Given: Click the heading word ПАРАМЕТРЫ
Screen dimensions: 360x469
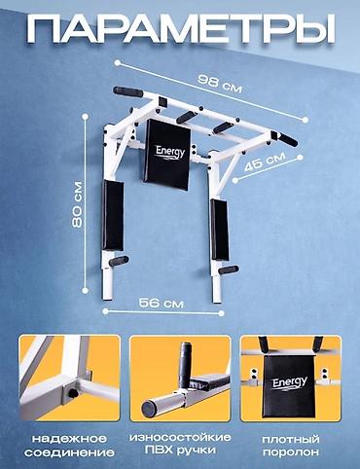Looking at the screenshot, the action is point(181,28).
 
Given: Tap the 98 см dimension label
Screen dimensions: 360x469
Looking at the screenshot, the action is point(220,84).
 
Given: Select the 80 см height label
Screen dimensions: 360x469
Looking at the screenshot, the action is point(78,204).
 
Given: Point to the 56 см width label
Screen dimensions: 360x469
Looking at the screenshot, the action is point(162,303).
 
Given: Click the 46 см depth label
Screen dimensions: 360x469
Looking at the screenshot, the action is point(265,162).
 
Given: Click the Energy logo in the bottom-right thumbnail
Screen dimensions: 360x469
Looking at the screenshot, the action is point(290,382).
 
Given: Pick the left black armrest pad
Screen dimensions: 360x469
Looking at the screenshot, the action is point(113,215).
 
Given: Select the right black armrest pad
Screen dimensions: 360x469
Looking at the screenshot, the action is point(220,230).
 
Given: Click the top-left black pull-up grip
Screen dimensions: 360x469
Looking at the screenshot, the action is point(127,91).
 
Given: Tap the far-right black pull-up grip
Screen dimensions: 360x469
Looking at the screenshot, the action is point(288,139).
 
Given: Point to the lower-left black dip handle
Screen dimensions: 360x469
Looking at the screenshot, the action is point(119,261).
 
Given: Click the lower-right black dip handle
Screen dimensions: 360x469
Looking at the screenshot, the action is point(229,270).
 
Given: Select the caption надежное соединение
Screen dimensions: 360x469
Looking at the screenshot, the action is point(69,446).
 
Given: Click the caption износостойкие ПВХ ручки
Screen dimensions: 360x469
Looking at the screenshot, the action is point(180,444).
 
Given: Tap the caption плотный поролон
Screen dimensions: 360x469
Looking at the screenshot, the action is point(291,446).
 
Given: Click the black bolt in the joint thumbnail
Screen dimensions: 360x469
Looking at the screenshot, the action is point(73,393).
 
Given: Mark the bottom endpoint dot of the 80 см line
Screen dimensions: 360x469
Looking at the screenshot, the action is point(86,290).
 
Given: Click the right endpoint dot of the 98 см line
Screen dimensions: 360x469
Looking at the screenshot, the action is point(306,120).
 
